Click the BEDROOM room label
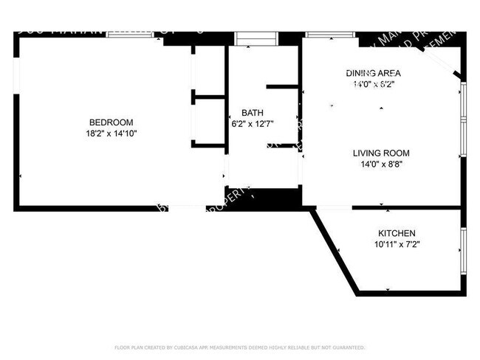(x=111, y=122)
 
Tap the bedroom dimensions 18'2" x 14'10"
(x=111, y=134)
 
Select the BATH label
(x=252, y=112)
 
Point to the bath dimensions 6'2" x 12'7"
(x=252, y=123)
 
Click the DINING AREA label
(x=373, y=73)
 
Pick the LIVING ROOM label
(x=380, y=153)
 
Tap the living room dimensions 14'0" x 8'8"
(x=380, y=165)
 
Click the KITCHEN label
(x=397, y=232)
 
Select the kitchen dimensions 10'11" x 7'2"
(x=397, y=244)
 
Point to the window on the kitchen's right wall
(x=463, y=251)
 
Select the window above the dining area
(x=329, y=34)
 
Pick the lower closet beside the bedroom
(x=209, y=120)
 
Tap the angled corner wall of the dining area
(x=446, y=63)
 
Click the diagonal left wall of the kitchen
(x=335, y=251)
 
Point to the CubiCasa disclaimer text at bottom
(x=239, y=347)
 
